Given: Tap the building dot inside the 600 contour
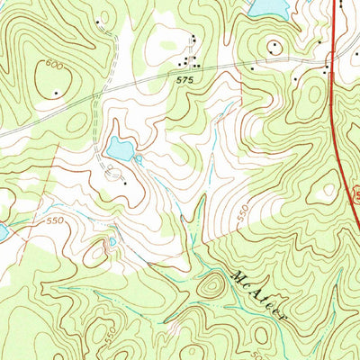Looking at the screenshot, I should click(x=58, y=92).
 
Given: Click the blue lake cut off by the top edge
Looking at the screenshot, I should click(x=268, y=7).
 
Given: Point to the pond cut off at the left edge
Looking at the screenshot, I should click(x=3, y=231).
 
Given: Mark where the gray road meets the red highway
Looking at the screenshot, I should click(x=330, y=61).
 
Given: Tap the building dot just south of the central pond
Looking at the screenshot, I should click(x=124, y=183).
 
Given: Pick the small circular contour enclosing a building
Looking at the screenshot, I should click(x=273, y=46).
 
